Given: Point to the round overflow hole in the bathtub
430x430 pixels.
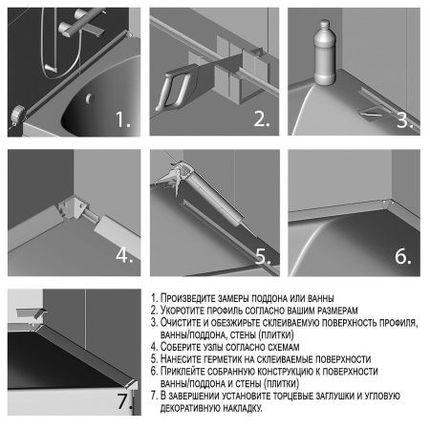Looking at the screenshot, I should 87,97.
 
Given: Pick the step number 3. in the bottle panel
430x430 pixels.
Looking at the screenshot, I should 403,120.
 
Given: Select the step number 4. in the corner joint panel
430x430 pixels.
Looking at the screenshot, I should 123,256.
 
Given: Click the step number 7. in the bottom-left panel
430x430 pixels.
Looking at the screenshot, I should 124,400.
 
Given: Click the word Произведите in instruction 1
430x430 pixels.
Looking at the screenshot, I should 191,298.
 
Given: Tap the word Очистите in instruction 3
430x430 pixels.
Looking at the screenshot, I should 184,323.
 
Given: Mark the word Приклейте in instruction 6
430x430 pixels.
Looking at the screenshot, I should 187,370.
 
